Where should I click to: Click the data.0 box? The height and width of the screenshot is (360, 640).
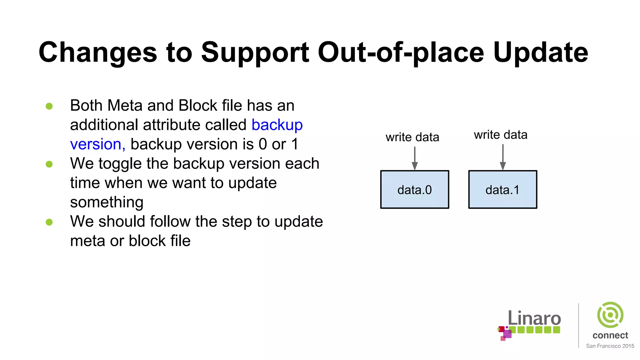414,189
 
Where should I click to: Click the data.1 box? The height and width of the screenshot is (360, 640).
502,189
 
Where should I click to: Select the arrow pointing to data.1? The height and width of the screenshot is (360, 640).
503,157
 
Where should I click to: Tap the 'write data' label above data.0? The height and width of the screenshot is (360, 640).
412,137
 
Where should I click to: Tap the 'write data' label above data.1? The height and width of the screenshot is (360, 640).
501,135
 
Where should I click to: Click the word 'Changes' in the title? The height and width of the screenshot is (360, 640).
97,52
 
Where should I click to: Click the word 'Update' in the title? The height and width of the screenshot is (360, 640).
541,52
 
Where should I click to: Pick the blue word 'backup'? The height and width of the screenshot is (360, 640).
277,125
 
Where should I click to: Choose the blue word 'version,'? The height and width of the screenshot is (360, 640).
97,144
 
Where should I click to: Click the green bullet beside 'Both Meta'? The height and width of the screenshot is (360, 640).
49,106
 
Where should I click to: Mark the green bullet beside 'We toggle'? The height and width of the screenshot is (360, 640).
49,164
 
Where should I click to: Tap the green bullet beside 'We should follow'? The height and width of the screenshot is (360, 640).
49,222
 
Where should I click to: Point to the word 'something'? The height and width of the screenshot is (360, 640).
107,202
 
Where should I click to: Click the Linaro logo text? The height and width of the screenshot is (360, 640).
534,318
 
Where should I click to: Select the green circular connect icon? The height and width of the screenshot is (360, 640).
610,315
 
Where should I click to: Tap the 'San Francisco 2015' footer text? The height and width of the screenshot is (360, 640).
610,346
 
